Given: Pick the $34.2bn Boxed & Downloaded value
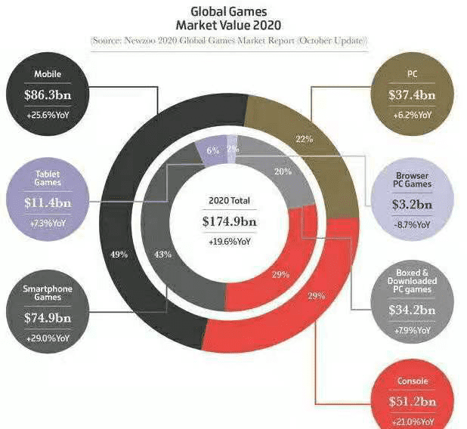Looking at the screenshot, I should [x=413, y=310].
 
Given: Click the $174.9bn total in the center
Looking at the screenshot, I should [x=230, y=223].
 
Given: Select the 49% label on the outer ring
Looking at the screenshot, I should [x=119, y=255].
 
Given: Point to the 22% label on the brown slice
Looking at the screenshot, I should [x=305, y=139].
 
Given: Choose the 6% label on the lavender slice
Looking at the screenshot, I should [x=212, y=151].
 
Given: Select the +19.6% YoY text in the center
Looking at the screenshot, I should [x=230, y=244].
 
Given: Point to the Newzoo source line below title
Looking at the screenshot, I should [x=230, y=39].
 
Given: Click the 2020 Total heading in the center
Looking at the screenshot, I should [x=230, y=202].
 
